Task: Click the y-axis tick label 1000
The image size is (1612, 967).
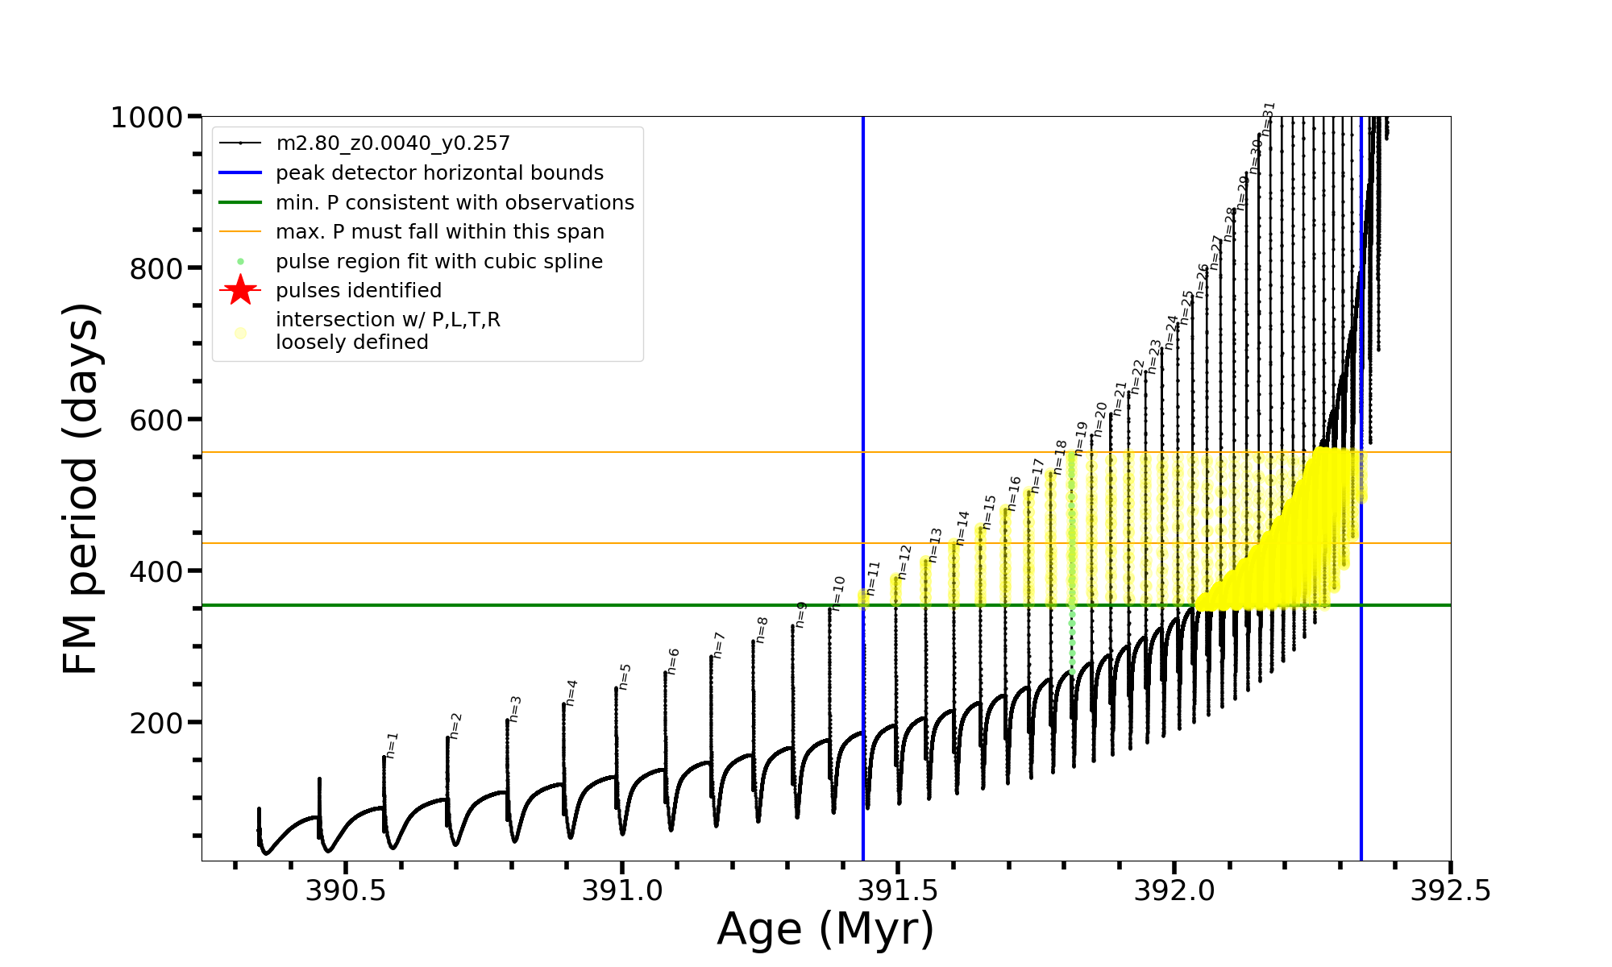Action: coord(146,118)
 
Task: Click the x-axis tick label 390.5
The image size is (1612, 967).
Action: coord(346,890)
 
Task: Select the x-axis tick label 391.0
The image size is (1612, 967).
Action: coord(622,890)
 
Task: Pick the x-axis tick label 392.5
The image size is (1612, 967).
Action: coord(1450,890)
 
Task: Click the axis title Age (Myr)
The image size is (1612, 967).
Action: coord(825,929)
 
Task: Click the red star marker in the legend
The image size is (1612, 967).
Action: coord(240,290)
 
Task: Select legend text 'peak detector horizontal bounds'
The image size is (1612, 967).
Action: coord(439,173)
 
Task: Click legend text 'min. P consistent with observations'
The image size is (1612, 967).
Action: coord(455,203)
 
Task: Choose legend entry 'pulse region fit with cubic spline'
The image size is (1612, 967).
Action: coord(438,262)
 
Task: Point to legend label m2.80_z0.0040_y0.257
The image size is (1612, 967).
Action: coord(393,143)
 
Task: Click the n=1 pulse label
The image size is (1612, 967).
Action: coord(392,745)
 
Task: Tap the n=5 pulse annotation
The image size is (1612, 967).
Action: coord(625,677)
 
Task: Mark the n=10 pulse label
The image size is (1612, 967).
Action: coord(838,592)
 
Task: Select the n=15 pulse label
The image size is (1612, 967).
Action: coord(989,513)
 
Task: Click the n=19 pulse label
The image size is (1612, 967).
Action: coord(1081,439)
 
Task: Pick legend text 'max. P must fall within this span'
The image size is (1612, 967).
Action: coord(439,232)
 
